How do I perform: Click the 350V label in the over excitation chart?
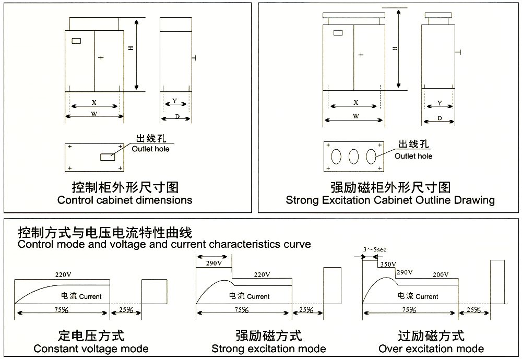tap(387, 264)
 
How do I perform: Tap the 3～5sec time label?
tap(375, 250)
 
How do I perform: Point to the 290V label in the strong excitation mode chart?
tap(213, 263)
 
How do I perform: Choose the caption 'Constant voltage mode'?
tap(91, 349)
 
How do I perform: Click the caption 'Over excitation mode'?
tap(431, 349)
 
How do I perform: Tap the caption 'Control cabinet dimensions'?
tap(125, 200)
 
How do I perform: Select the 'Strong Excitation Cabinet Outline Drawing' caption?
tap(390, 200)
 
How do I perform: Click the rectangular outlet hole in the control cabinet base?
tap(108, 156)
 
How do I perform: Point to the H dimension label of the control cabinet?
tap(131, 48)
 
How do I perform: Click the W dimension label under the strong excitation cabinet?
tap(355, 117)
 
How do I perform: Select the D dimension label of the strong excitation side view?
tap(439, 118)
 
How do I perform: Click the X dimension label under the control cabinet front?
tap(94, 103)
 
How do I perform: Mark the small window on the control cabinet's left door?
tap(77, 41)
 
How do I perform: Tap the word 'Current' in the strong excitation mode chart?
tap(258, 296)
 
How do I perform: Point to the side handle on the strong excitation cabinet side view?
tap(459, 52)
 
